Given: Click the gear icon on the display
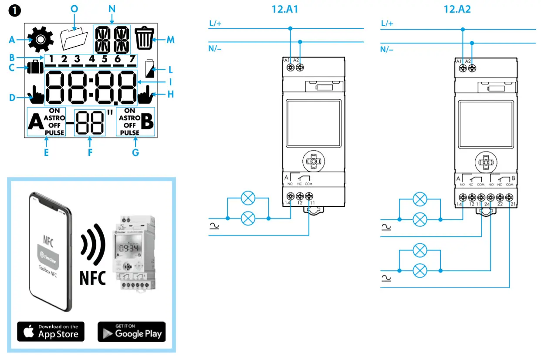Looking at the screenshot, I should pos(40,40).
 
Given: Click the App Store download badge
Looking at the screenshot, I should pos(51,331).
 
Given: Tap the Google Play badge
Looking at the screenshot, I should pos(132,331).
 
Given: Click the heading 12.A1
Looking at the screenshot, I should pos(286,9).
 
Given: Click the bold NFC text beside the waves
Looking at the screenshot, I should pos(93,277).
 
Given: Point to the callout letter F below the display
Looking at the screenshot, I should pos(90,152).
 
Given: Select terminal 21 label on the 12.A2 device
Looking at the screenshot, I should pos(513,204).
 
